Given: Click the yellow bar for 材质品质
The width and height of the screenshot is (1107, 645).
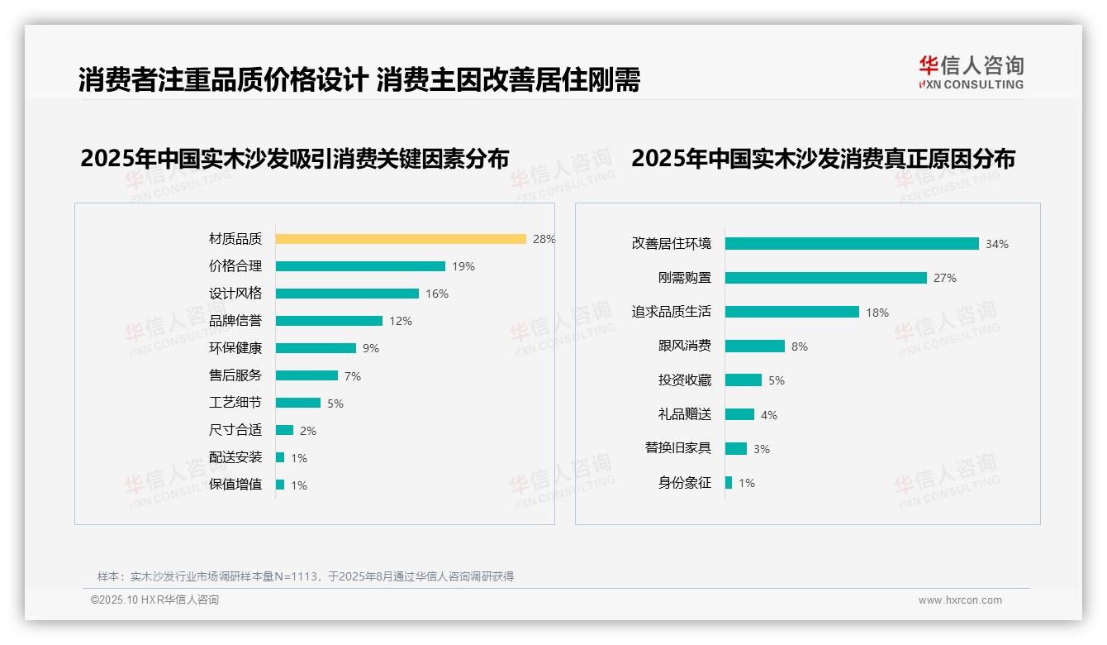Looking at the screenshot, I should coord(401,239).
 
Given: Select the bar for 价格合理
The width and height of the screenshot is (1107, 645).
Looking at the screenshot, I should coord(360,266).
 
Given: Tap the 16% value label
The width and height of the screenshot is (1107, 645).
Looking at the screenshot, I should coord(437,294).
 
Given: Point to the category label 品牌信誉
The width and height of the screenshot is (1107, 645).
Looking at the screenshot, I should coord(235,321).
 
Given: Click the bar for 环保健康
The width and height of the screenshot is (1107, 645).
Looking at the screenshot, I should coord(316,348).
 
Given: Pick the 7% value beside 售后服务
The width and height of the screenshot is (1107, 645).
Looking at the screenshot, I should coord(353,376).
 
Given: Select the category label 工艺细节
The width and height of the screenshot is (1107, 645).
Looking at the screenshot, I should coord(235,403).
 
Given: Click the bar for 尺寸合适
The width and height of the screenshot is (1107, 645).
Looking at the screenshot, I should coord(284,430).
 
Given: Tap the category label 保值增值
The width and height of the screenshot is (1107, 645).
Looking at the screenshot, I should coord(235,485).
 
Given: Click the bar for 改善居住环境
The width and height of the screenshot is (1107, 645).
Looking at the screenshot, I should coord(852,244).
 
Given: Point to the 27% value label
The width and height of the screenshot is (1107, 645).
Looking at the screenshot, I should coord(945,278).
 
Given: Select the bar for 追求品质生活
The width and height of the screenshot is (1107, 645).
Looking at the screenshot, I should coord(792,312).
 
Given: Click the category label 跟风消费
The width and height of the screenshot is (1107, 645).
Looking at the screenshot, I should coord(685,346).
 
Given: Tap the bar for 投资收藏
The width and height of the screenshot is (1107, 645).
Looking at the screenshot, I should coord(744,380).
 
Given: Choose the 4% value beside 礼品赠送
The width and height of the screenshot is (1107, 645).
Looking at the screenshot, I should coord(769,415).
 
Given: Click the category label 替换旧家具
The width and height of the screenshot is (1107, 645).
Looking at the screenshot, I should coord(678,448).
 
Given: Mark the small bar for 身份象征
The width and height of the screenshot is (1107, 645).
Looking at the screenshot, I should coord(729,483).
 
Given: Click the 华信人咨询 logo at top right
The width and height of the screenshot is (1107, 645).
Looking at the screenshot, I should coord(972,72).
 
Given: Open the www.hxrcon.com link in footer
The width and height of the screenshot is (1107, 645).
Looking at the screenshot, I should coord(960,600).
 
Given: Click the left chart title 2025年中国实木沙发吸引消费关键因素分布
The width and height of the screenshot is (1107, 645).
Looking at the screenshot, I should coord(295,158).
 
